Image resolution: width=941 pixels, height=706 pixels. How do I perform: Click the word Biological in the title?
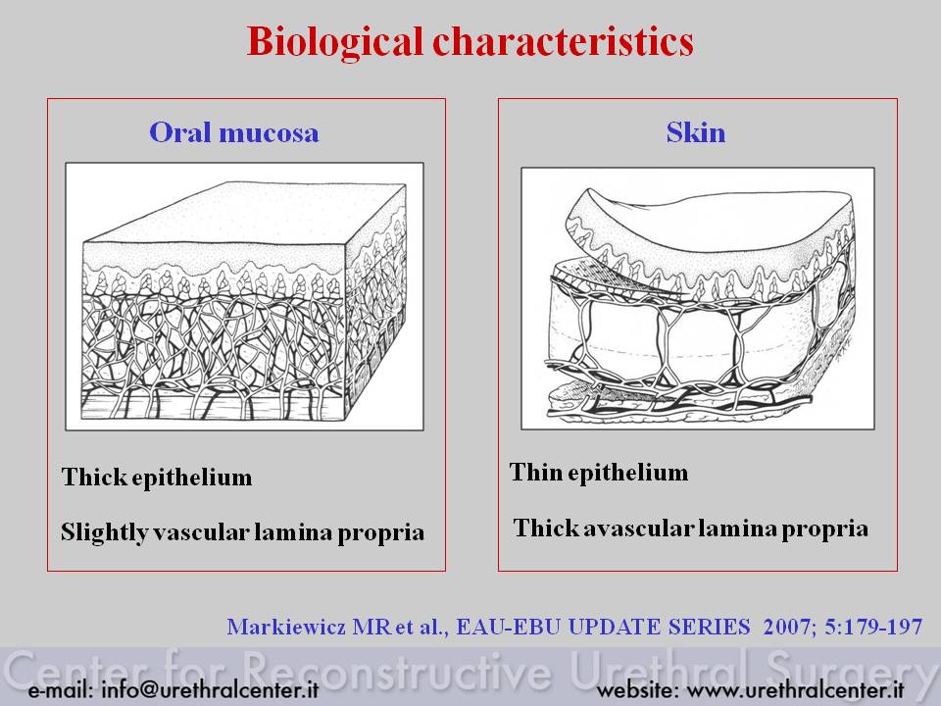click(335, 42)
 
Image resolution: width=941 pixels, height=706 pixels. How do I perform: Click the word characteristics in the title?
click(564, 41)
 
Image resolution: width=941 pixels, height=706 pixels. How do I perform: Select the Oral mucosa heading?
click(234, 132)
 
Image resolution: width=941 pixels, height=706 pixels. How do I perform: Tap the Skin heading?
click(696, 132)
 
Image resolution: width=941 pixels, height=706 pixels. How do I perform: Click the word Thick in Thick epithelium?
click(94, 477)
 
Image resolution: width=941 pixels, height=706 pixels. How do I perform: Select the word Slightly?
click(104, 533)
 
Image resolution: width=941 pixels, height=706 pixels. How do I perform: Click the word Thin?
click(536, 472)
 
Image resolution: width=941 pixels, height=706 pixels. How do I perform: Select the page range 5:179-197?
click(873, 627)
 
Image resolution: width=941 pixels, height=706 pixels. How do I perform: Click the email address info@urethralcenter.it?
click(210, 689)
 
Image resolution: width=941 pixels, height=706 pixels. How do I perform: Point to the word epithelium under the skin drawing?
click(627, 473)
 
